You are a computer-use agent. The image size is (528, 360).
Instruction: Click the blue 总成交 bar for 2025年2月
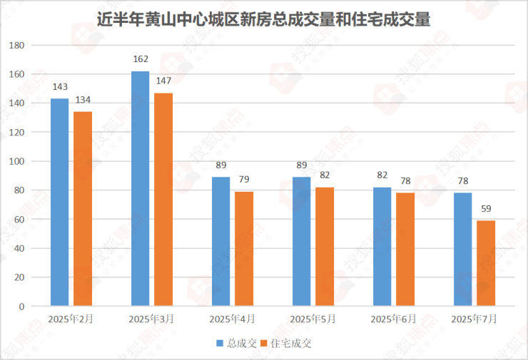point(60,202)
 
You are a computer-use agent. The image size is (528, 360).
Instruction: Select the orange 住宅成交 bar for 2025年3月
point(163,200)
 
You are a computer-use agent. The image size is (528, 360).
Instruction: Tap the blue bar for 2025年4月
point(221,242)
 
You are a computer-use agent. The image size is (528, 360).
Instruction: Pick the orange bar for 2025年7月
point(486,263)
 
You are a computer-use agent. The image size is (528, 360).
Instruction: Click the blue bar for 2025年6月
point(382,247)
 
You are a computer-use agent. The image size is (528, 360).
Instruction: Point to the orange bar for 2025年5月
point(325,247)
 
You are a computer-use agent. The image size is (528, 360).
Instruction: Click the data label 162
point(141,58)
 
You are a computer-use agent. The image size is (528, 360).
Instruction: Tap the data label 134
point(83,98)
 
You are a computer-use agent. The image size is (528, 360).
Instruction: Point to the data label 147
point(163,80)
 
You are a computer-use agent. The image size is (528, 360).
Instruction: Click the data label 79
point(244,179)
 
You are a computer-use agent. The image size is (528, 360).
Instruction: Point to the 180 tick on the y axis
point(16,46)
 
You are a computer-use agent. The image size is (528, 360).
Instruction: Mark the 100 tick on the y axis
point(16,161)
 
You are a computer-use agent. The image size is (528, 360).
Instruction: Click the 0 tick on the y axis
point(22,307)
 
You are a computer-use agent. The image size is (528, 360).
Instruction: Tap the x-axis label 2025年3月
point(152,318)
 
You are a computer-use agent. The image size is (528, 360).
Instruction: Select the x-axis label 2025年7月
point(474,318)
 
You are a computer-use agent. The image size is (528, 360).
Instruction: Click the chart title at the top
point(264,19)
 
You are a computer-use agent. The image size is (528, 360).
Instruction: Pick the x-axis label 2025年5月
point(313,318)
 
